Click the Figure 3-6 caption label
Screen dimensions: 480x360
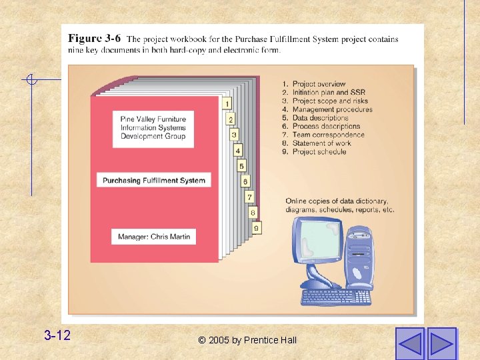[x=94, y=39]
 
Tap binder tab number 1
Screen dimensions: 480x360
[x=227, y=103]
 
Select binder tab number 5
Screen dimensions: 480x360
[x=241, y=165]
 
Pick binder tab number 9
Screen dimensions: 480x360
[x=257, y=228]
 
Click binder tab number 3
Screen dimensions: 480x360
[x=234, y=135]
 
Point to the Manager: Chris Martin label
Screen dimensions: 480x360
[x=154, y=237]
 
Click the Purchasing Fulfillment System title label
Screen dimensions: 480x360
[x=154, y=180]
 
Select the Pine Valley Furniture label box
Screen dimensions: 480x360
[x=153, y=127]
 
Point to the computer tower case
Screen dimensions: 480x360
[x=360, y=257]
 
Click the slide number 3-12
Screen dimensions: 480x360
[x=57, y=335]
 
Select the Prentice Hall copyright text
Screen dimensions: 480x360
[x=247, y=340]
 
